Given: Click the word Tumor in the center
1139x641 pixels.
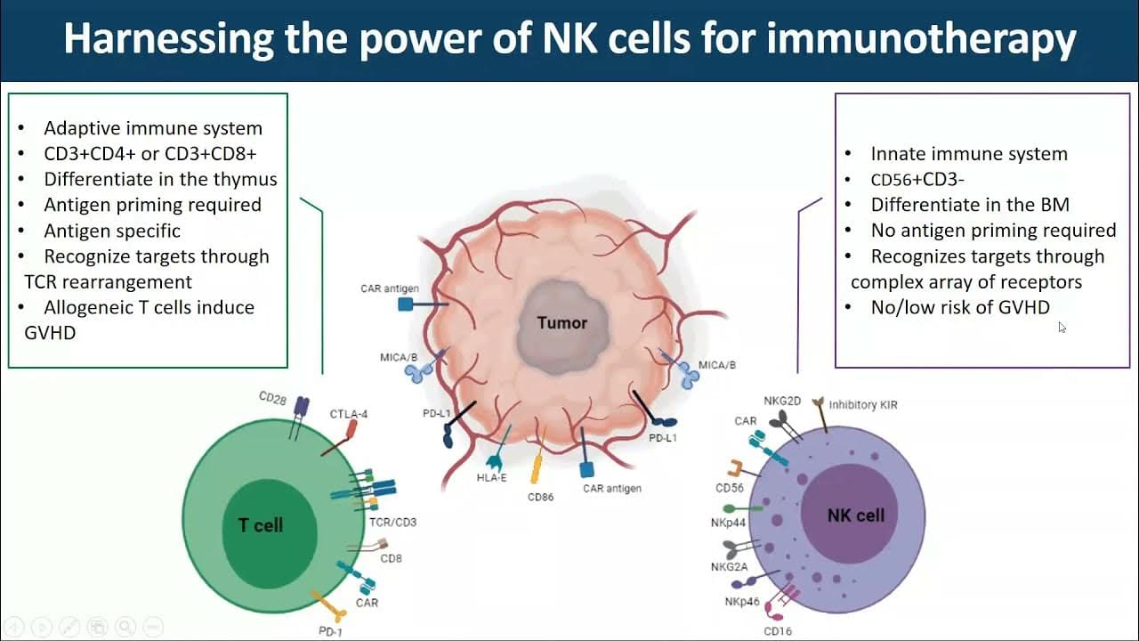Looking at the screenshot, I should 561,322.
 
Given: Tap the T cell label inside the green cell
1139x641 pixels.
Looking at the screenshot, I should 261,525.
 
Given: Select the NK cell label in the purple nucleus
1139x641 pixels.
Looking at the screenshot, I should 856,515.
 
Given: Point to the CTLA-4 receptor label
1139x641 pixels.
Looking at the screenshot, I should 349,414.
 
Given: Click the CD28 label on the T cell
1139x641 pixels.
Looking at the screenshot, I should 273,399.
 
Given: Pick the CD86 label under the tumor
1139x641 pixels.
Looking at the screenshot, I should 540,497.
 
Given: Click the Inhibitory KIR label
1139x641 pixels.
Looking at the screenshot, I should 863,405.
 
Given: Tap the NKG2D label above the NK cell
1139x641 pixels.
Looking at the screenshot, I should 782,401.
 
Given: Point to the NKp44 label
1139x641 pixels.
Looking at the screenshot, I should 728,523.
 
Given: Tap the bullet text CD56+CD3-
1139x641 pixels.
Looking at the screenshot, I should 917,180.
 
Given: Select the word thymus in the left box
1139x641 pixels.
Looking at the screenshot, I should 245,179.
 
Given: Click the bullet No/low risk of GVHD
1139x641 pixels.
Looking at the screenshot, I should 960,307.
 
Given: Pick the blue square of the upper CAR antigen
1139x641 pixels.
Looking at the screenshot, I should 405,304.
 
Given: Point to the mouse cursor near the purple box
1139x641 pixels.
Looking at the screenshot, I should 1062,327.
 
